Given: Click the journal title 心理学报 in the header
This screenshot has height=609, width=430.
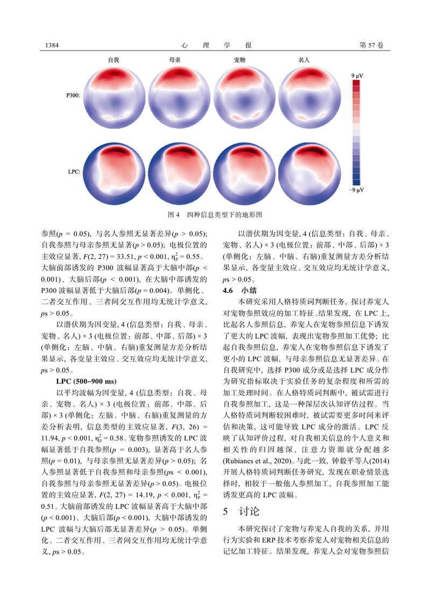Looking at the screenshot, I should click(x=215, y=44).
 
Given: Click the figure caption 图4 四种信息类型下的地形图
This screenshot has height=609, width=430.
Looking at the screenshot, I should click(x=215, y=214).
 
